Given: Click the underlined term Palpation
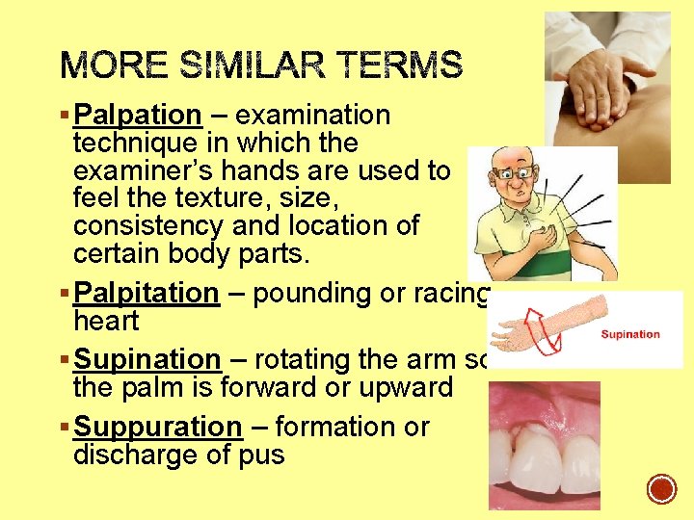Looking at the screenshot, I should click(x=138, y=116).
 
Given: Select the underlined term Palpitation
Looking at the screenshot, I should click(x=147, y=293).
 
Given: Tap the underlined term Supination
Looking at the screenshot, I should click(x=147, y=359).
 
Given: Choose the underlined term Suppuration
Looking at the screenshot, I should click(x=158, y=427).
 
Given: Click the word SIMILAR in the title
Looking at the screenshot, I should click(x=255, y=66).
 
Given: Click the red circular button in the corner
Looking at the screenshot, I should click(x=661, y=489).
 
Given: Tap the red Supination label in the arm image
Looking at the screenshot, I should click(x=629, y=334).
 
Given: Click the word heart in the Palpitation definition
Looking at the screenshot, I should click(x=106, y=321).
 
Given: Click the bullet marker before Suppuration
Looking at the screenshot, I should click(x=65, y=427).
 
